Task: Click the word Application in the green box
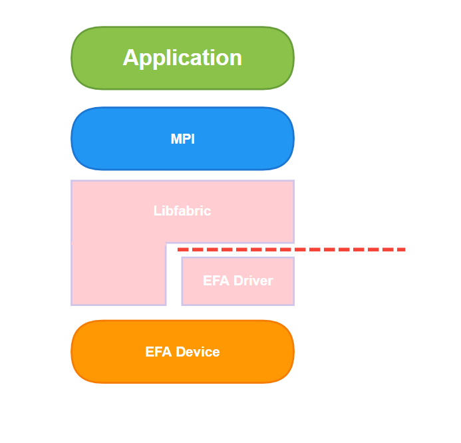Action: click(x=182, y=59)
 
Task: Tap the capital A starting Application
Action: click(x=130, y=57)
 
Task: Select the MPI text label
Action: click(x=182, y=139)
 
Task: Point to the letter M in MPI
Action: click(x=176, y=139)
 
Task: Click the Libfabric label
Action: click(x=182, y=211)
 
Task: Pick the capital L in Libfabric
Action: click(x=157, y=211)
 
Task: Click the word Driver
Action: click(x=253, y=281)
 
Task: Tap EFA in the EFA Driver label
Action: click(x=216, y=281)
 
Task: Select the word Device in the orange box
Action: click(x=198, y=352)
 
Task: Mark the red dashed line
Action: click(x=291, y=249)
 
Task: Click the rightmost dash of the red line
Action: click(x=401, y=249)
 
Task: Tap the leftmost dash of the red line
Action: click(x=183, y=249)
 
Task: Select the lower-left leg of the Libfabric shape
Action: click(x=119, y=274)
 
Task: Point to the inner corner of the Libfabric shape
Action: click(x=166, y=243)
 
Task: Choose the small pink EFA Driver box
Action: click(x=238, y=281)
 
